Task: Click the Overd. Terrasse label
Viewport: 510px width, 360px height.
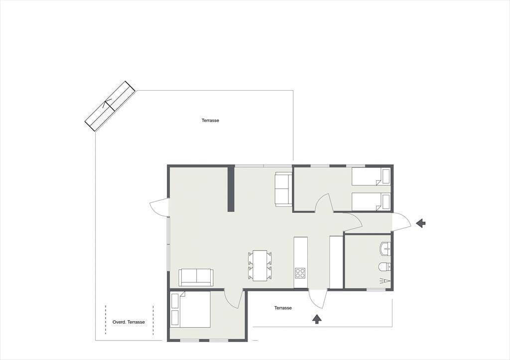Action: tap(128, 322)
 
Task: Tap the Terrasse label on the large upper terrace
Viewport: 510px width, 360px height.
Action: tap(210, 120)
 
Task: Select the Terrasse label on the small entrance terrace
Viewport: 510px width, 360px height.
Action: tap(283, 308)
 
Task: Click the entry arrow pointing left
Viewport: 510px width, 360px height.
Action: tap(420, 223)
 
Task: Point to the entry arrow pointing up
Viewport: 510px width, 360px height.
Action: tap(316, 319)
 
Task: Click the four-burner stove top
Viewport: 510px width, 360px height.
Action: tap(300, 273)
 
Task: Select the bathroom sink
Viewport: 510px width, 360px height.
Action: tap(385, 249)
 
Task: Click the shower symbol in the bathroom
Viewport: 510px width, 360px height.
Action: tap(384, 281)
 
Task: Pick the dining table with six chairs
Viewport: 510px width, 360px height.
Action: tap(260, 265)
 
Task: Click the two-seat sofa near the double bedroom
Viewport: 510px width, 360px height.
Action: tap(196, 277)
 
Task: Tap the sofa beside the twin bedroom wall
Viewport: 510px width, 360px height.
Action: tap(283, 189)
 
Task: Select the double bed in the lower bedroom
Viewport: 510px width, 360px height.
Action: tap(190, 309)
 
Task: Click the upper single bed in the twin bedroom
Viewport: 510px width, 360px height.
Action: tap(371, 177)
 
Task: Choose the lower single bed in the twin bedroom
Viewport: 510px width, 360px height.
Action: tap(371, 202)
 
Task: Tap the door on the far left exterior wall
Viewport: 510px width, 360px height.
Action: tap(159, 207)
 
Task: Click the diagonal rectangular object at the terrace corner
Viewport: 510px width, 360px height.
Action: tap(110, 107)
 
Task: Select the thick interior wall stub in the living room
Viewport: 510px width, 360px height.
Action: tap(231, 189)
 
